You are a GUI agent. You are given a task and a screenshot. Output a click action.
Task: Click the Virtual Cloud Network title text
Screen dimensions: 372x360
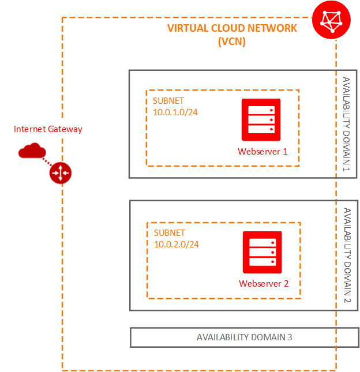point(232,28)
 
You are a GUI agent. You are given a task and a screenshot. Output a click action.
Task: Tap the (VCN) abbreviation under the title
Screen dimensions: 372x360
point(232,42)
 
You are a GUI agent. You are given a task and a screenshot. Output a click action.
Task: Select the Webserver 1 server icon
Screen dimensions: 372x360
point(261,119)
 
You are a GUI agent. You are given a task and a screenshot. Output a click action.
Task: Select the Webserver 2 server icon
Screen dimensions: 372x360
point(262,252)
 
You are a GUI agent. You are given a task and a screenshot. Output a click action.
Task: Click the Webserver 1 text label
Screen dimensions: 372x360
point(262,151)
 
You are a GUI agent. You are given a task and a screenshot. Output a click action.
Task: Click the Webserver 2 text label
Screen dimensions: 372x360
point(264,284)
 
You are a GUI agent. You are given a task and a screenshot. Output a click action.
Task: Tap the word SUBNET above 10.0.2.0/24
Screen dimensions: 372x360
point(170,233)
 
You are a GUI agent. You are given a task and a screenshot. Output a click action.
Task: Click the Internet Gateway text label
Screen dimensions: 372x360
point(48,129)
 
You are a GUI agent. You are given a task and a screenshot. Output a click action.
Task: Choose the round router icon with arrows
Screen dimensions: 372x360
point(60,172)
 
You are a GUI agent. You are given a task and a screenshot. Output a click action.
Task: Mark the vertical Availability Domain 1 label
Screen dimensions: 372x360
point(346,123)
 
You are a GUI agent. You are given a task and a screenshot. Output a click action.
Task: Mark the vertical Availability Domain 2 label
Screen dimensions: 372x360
point(346,255)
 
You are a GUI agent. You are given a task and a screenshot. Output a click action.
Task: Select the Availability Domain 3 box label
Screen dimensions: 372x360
point(245,337)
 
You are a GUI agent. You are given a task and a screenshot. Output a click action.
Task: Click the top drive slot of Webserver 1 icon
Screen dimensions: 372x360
point(261,110)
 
